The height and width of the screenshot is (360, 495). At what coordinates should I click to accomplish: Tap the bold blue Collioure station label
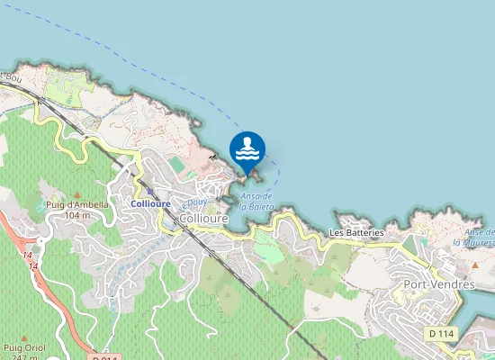pos(150,203)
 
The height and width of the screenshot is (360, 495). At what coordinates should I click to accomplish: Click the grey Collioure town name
pos(203,219)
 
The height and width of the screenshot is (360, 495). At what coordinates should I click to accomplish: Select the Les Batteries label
pos(356,232)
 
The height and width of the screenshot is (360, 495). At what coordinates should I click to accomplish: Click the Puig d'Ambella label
pos(76,204)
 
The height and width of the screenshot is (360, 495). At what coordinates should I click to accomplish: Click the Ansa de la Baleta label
pos(258,202)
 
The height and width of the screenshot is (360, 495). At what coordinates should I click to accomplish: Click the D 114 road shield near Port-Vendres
pos(440,333)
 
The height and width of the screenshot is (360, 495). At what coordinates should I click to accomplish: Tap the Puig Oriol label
pos(23,346)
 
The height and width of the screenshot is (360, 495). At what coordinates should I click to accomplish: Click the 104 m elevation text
pos(77,215)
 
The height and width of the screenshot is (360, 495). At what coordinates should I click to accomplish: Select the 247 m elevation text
pos(18,356)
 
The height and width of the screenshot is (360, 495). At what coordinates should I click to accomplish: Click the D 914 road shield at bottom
pos(105,357)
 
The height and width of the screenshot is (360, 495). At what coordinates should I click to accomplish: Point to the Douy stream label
pos(197,203)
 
